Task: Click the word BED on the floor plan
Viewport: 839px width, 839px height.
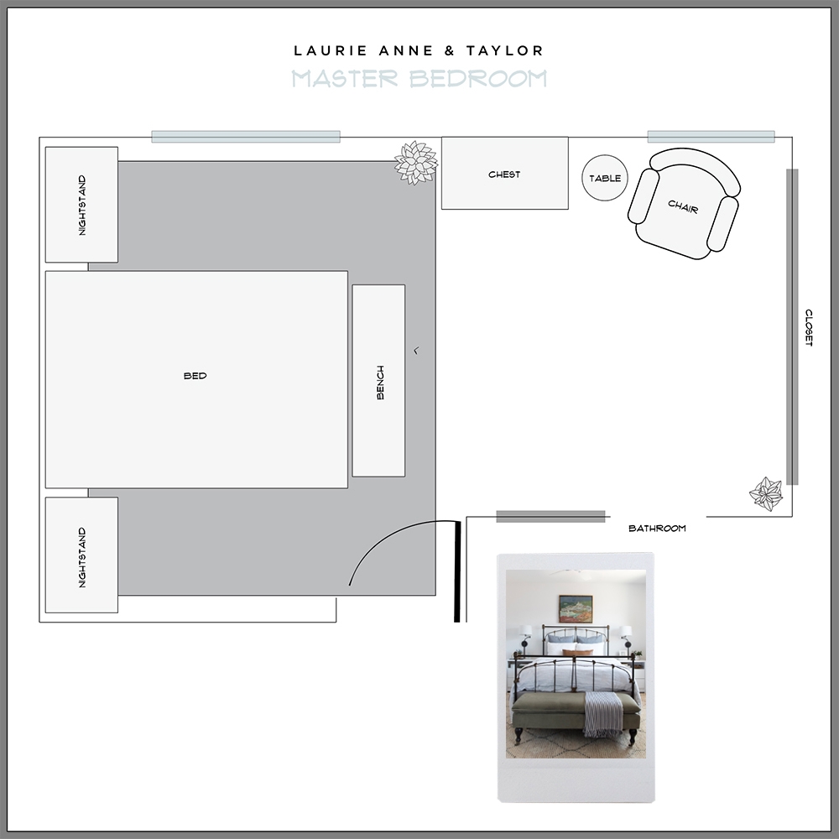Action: [x=195, y=376]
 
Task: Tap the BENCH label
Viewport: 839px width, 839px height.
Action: [x=380, y=382]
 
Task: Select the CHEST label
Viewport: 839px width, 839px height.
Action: [x=504, y=175]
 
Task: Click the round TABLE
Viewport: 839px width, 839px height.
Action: [x=605, y=178]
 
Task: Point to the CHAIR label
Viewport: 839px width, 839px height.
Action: [x=683, y=205]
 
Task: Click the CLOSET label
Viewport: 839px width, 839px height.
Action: [x=809, y=327]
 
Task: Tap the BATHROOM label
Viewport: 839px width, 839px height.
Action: [x=657, y=529]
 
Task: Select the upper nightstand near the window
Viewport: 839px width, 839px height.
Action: [x=81, y=204]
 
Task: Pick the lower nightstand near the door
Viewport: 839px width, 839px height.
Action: [x=81, y=555]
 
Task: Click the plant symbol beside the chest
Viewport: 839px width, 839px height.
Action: [x=416, y=163]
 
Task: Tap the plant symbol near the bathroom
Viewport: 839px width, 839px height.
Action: [x=766, y=493]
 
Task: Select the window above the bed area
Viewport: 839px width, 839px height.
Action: [x=245, y=137]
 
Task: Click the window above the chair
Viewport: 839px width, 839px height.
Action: [x=711, y=137]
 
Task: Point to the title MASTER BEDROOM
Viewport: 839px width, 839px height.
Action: [x=419, y=79]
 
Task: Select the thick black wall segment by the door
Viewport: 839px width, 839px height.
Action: [x=457, y=571]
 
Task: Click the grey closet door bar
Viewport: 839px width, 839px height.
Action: [x=792, y=327]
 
